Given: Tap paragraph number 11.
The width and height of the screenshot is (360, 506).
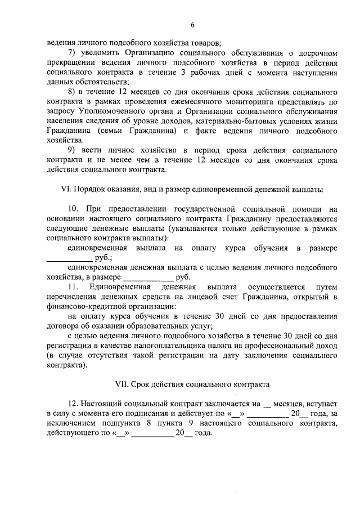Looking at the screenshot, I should coord(72,287).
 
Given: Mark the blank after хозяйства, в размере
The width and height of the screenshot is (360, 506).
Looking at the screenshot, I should coord(148,277).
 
